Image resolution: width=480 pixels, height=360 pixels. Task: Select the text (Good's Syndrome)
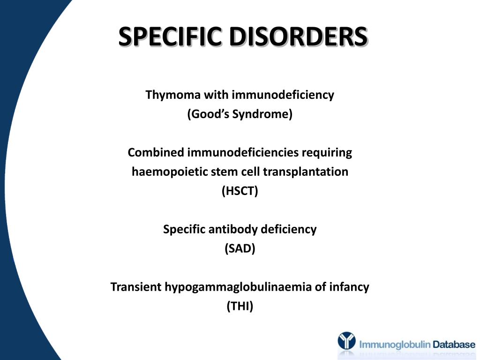coord(240,114)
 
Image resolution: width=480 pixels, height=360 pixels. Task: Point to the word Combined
coord(156,153)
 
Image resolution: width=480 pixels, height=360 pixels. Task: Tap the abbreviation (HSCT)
coord(240,191)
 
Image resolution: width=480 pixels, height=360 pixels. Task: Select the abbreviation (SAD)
coord(240,249)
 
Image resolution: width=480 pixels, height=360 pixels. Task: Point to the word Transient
coord(135,287)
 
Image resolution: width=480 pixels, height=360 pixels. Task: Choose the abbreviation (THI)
coord(240,307)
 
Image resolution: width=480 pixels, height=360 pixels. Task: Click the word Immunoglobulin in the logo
coord(395,345)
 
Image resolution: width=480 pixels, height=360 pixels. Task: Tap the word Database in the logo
coord(454,345)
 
